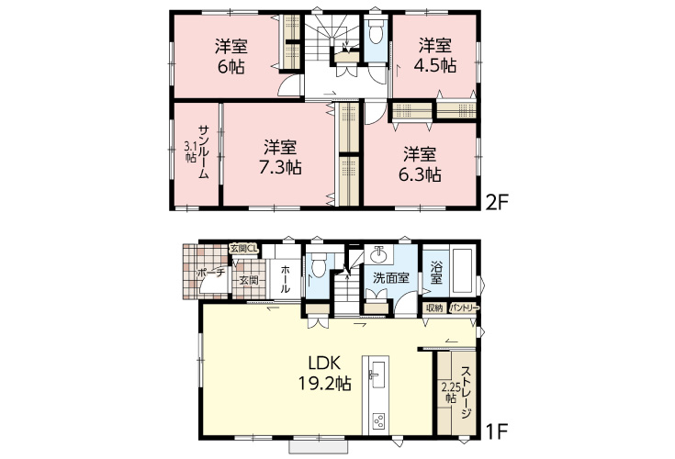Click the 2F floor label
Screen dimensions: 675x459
[497, 202]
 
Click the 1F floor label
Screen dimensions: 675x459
[497, 431]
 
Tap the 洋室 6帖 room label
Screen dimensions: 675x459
[231, 56]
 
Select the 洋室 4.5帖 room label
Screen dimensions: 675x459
[434, 55]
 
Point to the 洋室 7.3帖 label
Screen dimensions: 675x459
[280, 157]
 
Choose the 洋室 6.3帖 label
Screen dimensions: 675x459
[420, 164]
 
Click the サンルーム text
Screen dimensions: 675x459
[204, 151]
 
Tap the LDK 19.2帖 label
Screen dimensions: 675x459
[325, 373]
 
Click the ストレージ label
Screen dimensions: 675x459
[466, 392]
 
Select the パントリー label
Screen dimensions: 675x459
[464, 308]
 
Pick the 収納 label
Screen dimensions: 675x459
[434, 308]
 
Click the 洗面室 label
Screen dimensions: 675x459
[391, 278]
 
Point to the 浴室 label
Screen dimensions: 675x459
[435, 273]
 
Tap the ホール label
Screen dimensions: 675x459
[286, 279]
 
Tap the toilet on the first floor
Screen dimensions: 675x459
[318, 266]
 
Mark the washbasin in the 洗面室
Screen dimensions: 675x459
[378, 254]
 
